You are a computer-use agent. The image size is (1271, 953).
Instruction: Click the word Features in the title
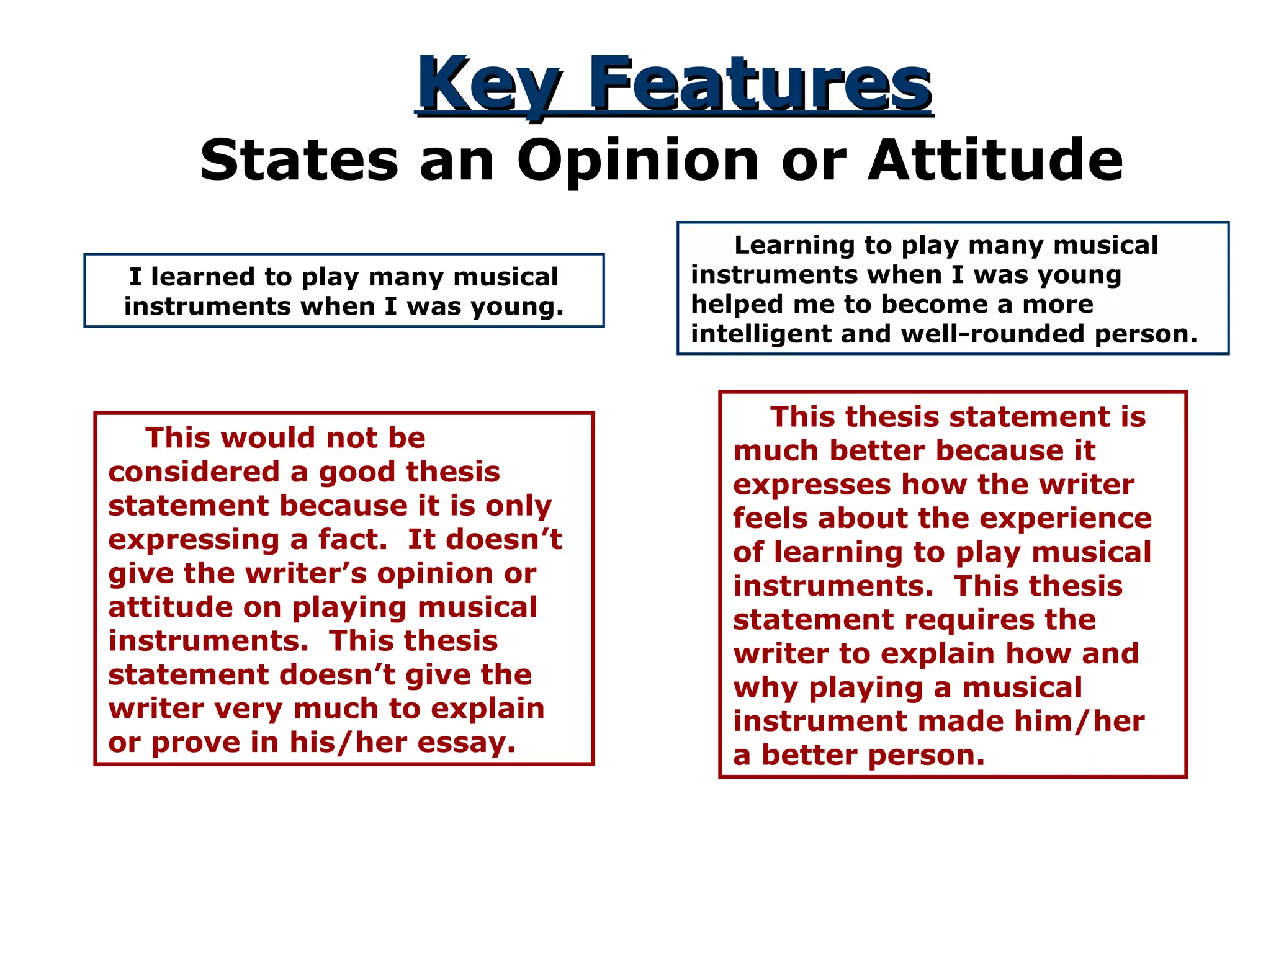[760, 84]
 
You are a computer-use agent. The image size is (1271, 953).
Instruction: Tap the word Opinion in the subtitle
[639, 161]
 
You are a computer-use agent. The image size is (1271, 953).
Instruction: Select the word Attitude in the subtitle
[995, 161]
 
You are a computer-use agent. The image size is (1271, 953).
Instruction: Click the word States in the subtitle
[299, 161]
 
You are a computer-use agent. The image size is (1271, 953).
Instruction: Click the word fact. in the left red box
[353, 539]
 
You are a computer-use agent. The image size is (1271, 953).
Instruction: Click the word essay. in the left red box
[466, 743]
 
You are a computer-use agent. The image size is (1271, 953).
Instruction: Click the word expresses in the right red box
[811, 485]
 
